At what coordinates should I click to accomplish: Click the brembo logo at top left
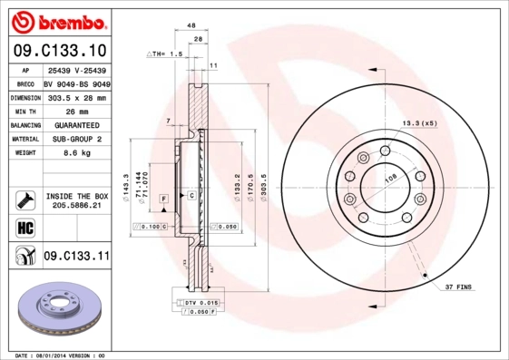click(x=57, y=19)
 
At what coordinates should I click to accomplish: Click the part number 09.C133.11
click(x=75, y=258)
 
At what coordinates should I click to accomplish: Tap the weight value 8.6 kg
click(x=75, y=153)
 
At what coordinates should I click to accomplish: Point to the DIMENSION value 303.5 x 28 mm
click(x=75, y=97)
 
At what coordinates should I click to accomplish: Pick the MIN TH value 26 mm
click(x=75, y=111)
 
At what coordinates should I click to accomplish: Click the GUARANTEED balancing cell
click(x=75, y=125)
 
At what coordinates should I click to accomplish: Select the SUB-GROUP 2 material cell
click(x=75, y=139)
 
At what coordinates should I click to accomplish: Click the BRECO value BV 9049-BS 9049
click(x=76, y=83)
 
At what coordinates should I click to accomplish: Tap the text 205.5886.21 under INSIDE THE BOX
click(x=76, y=206)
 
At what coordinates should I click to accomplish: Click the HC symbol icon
click(x=24, y=227)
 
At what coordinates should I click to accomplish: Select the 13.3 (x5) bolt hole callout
click(x=418, y=122)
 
